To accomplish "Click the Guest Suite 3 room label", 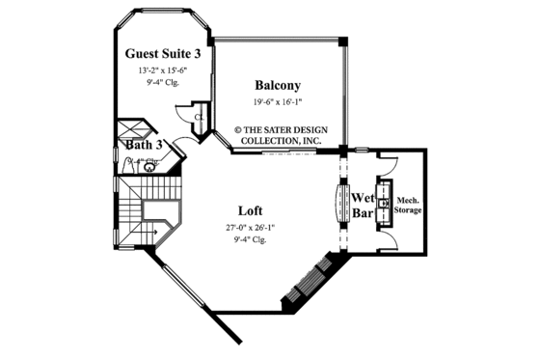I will tap(163, 53).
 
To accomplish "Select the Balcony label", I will tap(276, 84).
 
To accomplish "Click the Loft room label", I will tap(250, 209).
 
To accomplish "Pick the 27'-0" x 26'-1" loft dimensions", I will tap(250, 228).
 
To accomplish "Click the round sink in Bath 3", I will tap(150, 167).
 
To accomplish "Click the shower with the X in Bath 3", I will tap(130, 132).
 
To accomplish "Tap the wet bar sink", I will tap(384, 204).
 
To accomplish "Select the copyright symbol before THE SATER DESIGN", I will tap(239, 125).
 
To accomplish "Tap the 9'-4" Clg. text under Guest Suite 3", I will tap(163, 83).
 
